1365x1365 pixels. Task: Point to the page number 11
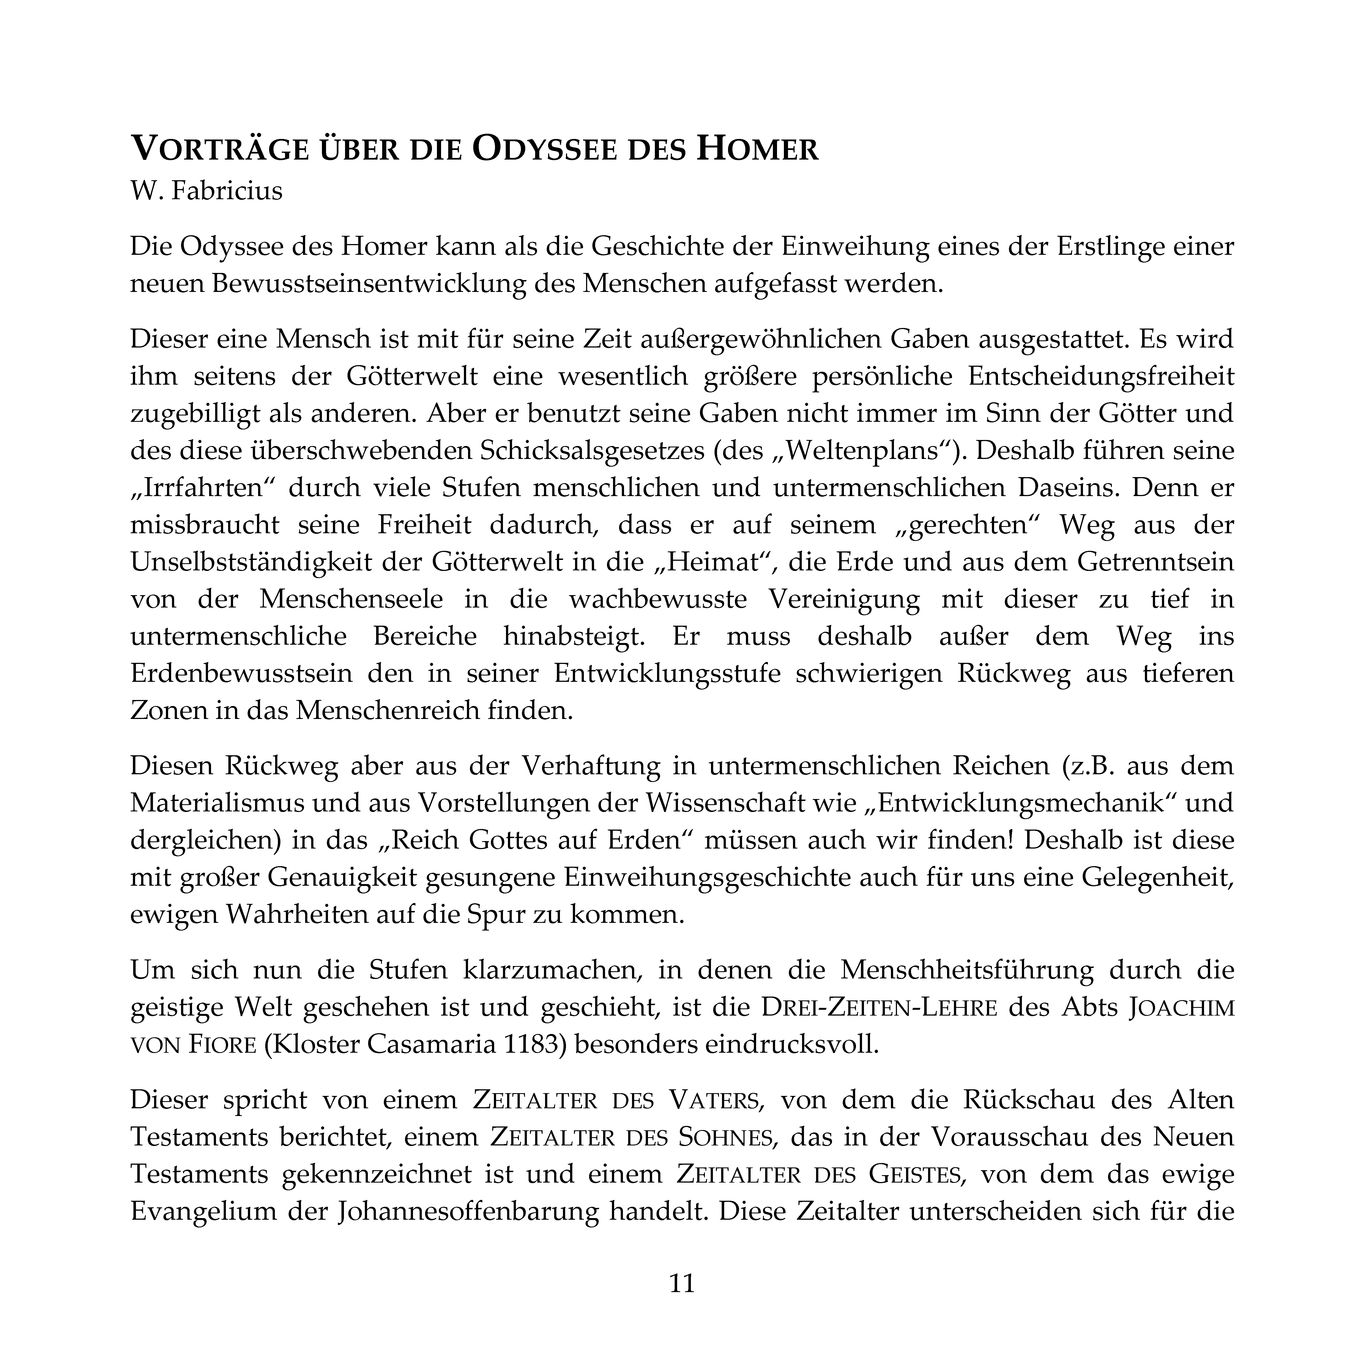tap(682, 1282)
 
